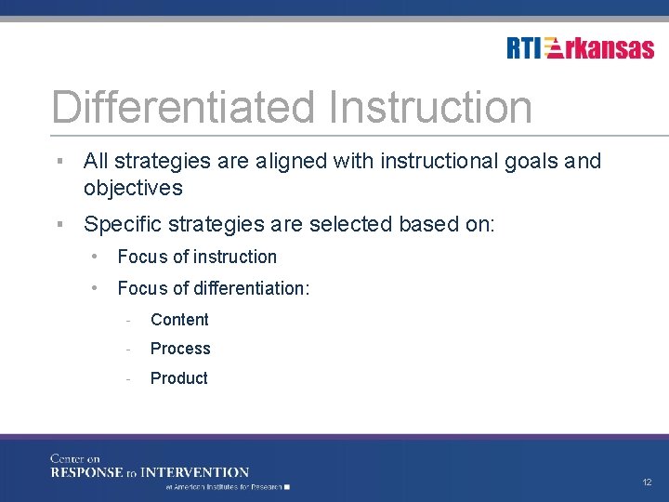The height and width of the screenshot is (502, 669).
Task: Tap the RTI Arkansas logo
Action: (580, 48)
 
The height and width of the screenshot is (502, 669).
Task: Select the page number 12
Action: (647, 482)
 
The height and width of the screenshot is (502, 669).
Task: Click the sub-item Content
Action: (179, 320)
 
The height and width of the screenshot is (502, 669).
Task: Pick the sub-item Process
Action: (180, 349)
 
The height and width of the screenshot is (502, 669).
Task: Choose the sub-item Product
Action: (178, 378)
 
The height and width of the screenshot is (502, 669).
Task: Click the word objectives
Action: (133, 189)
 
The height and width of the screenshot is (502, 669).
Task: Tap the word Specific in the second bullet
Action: (120, 225)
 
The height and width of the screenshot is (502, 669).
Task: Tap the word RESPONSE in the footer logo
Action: (87, 472)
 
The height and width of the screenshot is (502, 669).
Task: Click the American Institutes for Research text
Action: (224, 486)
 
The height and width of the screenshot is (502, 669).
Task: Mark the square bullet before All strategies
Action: (59, 162)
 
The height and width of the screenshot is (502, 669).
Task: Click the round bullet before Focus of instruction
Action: (96, 257)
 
